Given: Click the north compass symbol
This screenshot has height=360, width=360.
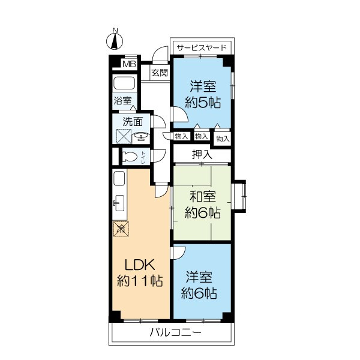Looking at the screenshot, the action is pyautogui.click(x=115, y=40).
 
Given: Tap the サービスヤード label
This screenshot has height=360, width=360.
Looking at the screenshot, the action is pyautogui.click(x=202, y=48).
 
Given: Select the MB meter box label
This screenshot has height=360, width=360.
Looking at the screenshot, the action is pyautogui.click(x=129, y=64).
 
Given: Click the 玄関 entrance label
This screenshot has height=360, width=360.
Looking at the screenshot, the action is pyautogui.click(x=160, y=73).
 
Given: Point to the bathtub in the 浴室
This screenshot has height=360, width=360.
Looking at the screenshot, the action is pyautogui.click(x=124, y=83).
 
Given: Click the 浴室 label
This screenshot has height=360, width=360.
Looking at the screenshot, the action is pyautogui.click(x=123, y=101).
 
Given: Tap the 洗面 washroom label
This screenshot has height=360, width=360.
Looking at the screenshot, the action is pyautogui.click(x=133, y=122).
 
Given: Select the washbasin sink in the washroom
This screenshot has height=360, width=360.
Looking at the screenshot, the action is pyautogui.click(x=141, y=137).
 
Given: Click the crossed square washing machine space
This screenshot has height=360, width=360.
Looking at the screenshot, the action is pyautogui.click(x=124, y=136).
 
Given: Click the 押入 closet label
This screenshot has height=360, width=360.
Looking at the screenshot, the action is pyautogui.click(x=202, y=154).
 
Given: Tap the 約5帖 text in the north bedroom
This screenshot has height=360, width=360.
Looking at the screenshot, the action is pyautogui.click(x=203, y=103).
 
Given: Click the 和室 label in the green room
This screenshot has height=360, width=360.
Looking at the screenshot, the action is pyautogui.click(x=203, y=197).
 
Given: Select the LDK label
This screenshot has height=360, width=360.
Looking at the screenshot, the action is pyautogui.click(x=140, y=265).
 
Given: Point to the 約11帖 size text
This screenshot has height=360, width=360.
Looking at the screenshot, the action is pyautogui.click(x=140, y=281).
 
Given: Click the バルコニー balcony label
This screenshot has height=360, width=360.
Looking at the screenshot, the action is pyautogui.click(x=176, y=332).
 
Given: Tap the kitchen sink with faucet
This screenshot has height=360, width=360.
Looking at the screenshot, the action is pyautogui.click(x=119, y=203).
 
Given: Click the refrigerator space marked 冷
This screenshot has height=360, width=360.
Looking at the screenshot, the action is pyautogui.click(x=121, y=229).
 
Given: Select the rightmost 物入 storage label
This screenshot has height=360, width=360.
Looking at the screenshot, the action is pyautogui.click(x=223, y=139).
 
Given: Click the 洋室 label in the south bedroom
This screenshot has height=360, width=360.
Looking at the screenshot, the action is pyautogui.click(x=199, y=277).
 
